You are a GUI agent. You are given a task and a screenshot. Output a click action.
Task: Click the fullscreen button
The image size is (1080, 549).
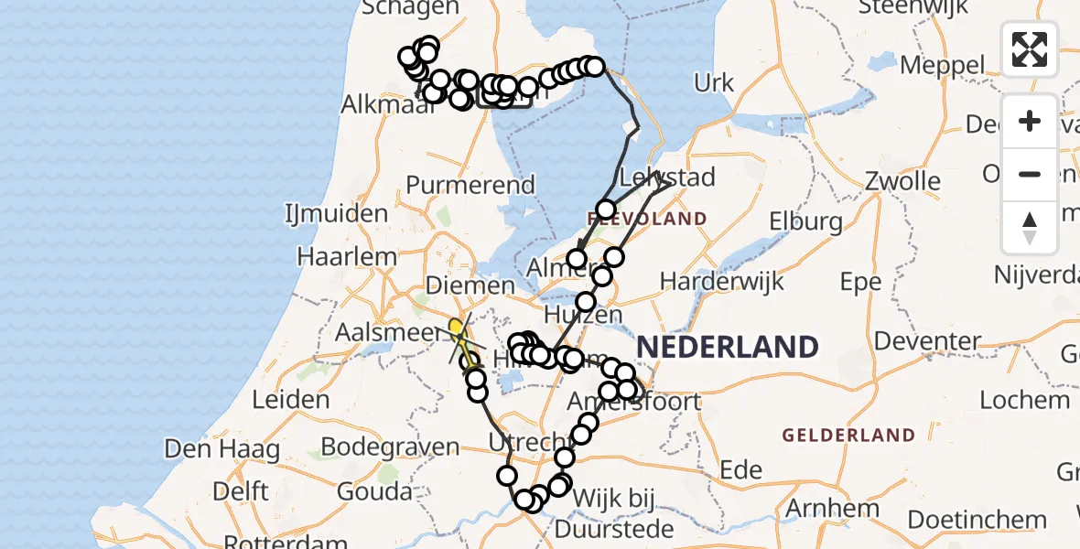(x=1030, y=49)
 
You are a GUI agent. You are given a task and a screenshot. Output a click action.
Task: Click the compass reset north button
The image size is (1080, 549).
(x=1030, y=228)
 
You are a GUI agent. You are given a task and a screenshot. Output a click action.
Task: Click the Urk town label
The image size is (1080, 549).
(x=714, y=83)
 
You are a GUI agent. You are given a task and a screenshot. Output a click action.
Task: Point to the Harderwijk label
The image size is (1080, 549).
(x=722, y=280)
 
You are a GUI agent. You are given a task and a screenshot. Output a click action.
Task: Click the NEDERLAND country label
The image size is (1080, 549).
(x=727, y=347)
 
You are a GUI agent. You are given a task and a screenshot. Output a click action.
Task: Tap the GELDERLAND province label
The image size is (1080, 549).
(x=848, y=435)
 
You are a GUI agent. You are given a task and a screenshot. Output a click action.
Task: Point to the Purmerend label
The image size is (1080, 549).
(x=470, y=185)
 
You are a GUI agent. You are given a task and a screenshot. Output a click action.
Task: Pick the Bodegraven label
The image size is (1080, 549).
(x=389, y=447)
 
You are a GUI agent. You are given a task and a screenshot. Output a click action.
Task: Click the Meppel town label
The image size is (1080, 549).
(x=943, y=66)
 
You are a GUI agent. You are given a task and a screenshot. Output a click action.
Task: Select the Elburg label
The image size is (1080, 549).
(x=806, y=221)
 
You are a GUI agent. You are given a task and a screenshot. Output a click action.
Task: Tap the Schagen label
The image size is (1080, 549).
(x=410, y=8)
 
